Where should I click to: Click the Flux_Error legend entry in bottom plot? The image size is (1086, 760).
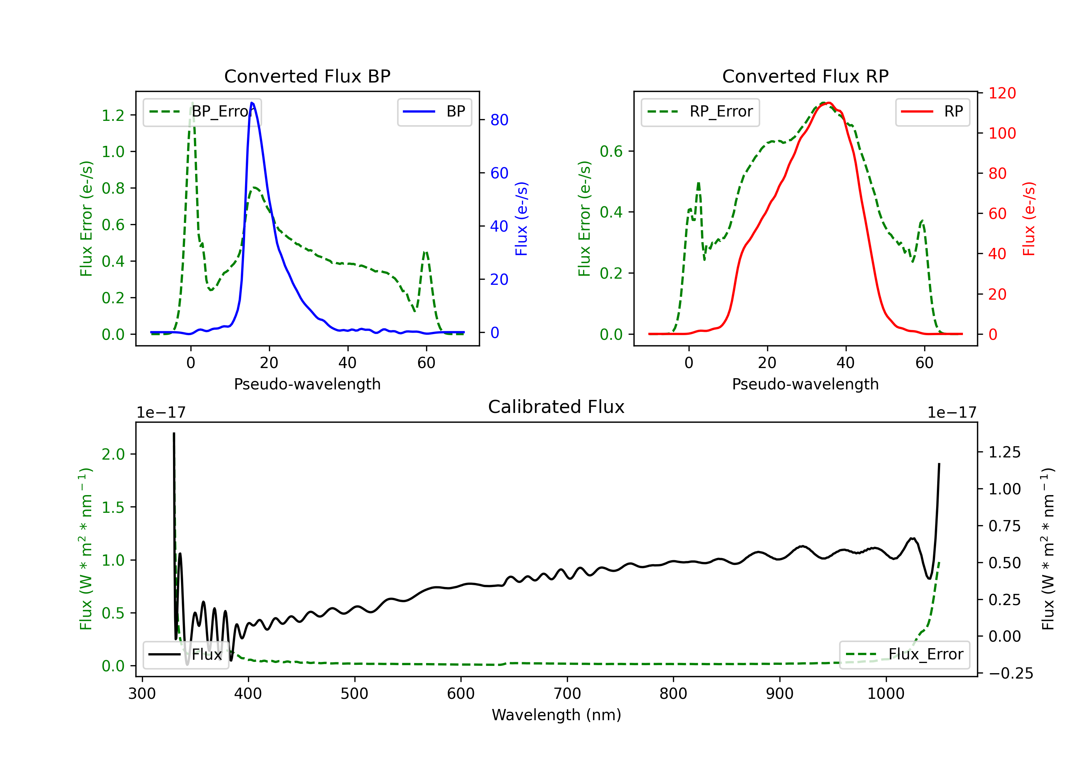tap(904, 655)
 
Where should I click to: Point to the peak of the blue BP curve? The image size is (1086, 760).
tap(252, 103)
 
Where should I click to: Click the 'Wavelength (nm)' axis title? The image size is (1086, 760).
tap(556, 715)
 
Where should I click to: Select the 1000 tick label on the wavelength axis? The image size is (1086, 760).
tap(885, 694)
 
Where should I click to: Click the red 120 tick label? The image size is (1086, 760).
tap(1002, 93)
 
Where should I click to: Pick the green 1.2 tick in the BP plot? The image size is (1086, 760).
tap(113, 115)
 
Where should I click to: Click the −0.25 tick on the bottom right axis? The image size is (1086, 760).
tap(1010, 674)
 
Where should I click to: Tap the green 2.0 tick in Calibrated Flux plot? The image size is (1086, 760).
tap(113, 455)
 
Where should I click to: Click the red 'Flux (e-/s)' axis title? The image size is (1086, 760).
tap(1029, 219)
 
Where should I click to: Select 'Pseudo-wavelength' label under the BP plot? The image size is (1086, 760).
tap(307, 384)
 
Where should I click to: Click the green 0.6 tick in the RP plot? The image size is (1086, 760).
tap(611, 151)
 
